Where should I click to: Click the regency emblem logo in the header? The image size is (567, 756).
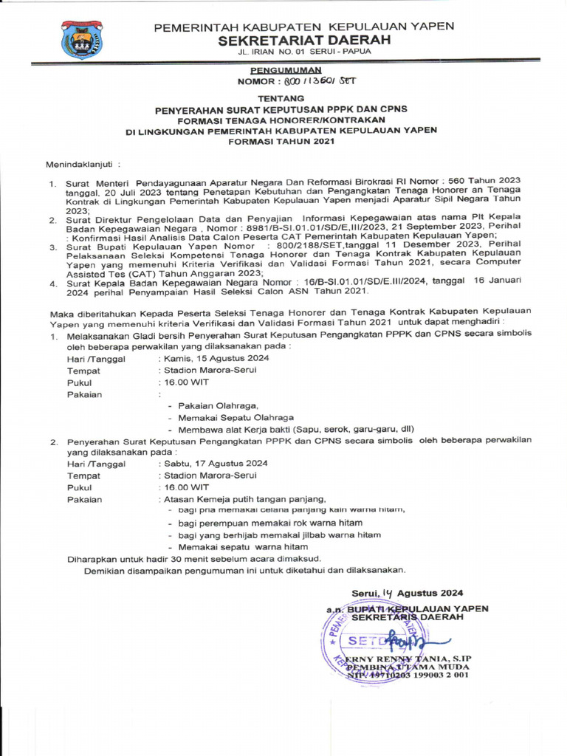pos(82,39)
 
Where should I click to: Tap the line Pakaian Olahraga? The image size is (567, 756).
pos(213,405)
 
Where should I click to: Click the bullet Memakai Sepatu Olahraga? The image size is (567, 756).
pos(231,417)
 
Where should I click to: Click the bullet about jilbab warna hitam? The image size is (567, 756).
pos(275,535)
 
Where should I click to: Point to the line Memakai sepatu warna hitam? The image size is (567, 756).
pos(238,547)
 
